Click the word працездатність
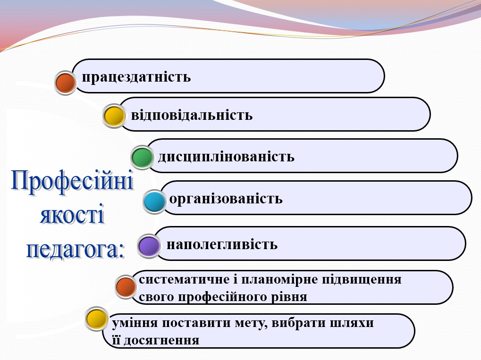[136, 77]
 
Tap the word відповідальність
[192, 115]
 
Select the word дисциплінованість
[226, 156]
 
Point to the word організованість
[226, 199]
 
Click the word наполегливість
[222, 245]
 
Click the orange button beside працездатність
[66, 83]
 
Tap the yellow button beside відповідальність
[114, 116]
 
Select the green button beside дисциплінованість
[142, 158]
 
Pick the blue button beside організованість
[154, 202]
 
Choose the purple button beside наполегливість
[149, 246]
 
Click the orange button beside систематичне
[126, 287]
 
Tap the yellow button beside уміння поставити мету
[97, 318]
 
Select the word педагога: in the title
[76, 249]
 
